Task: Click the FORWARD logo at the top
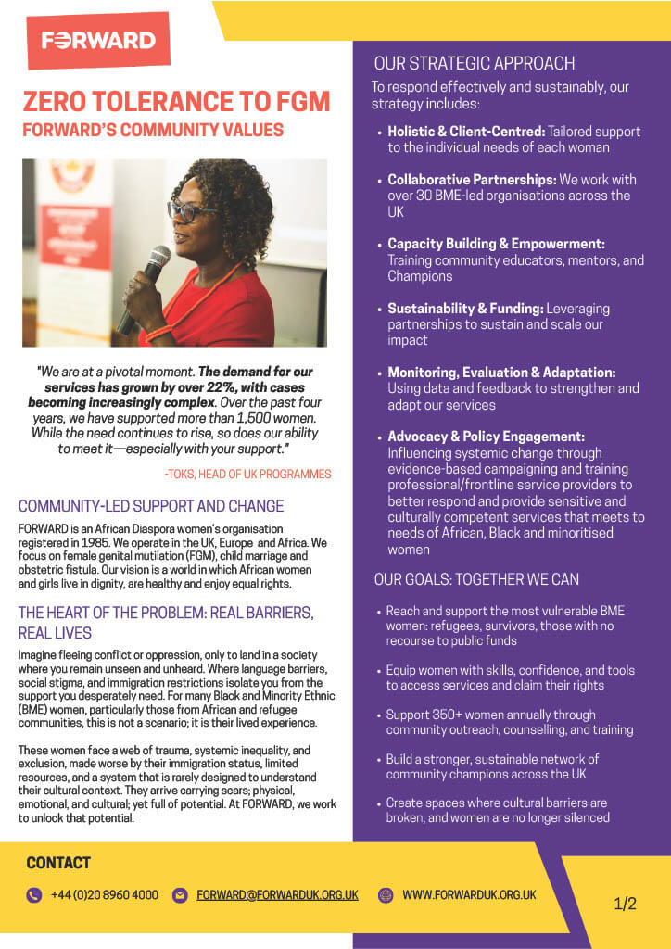tap(98, 40)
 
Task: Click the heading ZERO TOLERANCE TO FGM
tap(176, 101)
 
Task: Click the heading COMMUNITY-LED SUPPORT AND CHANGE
tap(151, 507)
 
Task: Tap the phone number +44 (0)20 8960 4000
tap(104, 895)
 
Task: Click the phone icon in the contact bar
tap(34, 895)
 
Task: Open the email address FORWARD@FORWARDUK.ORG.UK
tap(277, 895)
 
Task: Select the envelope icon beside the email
tap(181, 895)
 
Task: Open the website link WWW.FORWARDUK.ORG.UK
tap(469, 895)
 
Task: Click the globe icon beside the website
tap(386, 895)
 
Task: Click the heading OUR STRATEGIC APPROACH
tap(474, 64)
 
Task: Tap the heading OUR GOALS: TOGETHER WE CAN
tap(476, 579)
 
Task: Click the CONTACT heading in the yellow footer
tap(58, 863)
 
